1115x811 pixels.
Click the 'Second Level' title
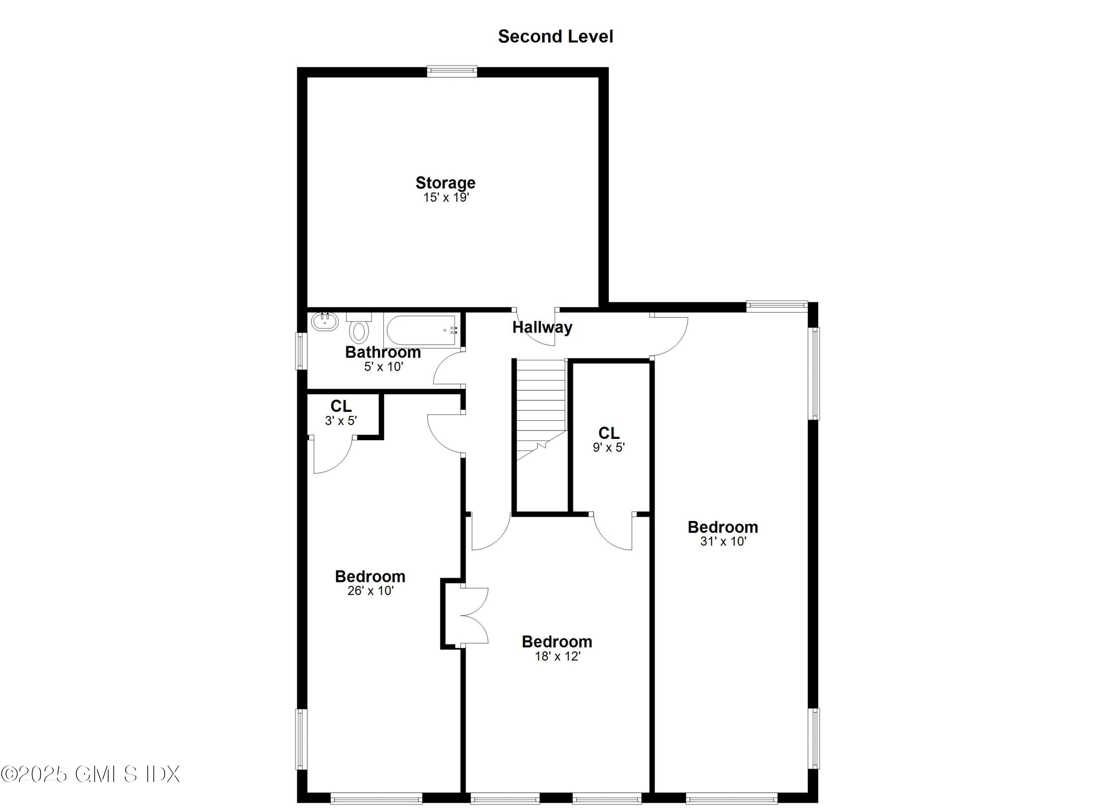click(x=556, y=36)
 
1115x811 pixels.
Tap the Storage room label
click(x=445, y=183)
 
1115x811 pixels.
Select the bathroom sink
click(x=325, y=322)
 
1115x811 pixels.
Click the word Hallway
click(x=542, y=327)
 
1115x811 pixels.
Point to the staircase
click(x=540, y=408)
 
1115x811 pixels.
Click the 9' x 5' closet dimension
click(x=609, y=448)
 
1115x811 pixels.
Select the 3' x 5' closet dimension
click(x=341, y=421)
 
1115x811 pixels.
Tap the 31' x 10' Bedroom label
click(x=723, y=527)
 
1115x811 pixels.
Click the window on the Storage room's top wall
click(x=452, y=72)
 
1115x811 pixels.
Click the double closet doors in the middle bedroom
click(x=473, y=615)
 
